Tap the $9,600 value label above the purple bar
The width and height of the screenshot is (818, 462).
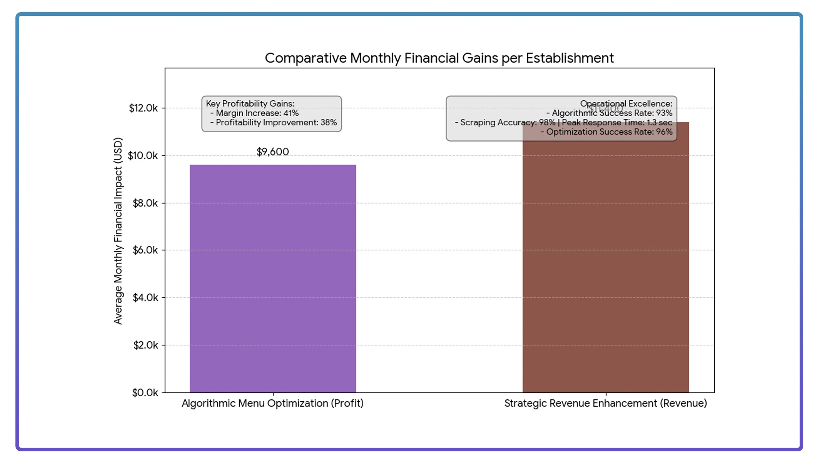[273, 152]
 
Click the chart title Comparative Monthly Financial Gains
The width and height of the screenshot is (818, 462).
[439, 58]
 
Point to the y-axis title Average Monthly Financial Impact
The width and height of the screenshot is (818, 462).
[118, 231]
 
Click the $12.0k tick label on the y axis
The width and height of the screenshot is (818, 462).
[143, 108]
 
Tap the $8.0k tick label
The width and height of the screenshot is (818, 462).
[145, 203]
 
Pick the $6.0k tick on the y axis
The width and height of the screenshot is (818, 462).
[145, 250]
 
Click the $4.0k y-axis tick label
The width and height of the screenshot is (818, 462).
[145, 298]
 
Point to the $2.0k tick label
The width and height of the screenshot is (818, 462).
[145, 345]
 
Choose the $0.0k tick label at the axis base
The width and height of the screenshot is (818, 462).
[145, 393]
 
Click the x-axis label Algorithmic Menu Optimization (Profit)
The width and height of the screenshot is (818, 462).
[272, 403]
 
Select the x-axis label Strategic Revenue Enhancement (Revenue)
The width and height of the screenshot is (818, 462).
[606, 403]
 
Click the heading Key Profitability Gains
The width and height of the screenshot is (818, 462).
[250, 104]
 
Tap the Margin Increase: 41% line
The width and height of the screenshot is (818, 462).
[257, 113]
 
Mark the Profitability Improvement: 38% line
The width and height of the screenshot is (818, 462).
[276, 122]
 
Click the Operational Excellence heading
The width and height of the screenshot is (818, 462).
[626, 104]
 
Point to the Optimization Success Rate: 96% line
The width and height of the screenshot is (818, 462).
[609, 132]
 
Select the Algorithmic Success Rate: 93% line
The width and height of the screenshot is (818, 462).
[612, 113]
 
